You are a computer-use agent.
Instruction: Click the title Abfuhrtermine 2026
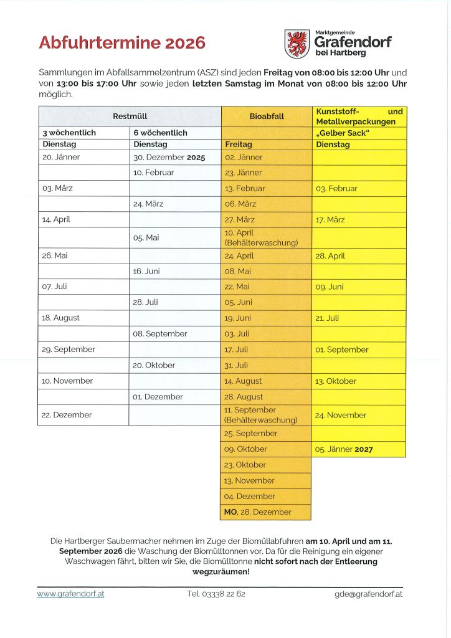coord(122,43)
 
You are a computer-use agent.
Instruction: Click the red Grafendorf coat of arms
coord(297,44)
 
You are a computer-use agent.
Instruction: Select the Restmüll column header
coord(130,117)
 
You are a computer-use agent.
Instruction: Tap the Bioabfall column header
coord(266,117)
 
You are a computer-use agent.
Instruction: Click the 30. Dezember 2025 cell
coord(169,158)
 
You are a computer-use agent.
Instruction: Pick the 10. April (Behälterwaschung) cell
coord(261,237)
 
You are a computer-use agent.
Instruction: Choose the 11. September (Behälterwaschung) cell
coord(261,415)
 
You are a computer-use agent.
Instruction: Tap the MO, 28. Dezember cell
coord(258,512)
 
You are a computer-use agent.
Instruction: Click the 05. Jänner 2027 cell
coord(344,449)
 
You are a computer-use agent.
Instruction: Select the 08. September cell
coord(160,334)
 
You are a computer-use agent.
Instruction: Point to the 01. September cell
coord(342,350)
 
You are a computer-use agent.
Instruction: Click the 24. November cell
coord(341,415)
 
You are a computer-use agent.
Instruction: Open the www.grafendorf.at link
coord(70,594)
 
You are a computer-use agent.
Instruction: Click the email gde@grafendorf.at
coord(368,594)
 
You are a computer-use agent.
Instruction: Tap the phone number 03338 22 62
coord(216,594)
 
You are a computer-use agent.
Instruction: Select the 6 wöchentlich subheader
coord(160,133)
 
